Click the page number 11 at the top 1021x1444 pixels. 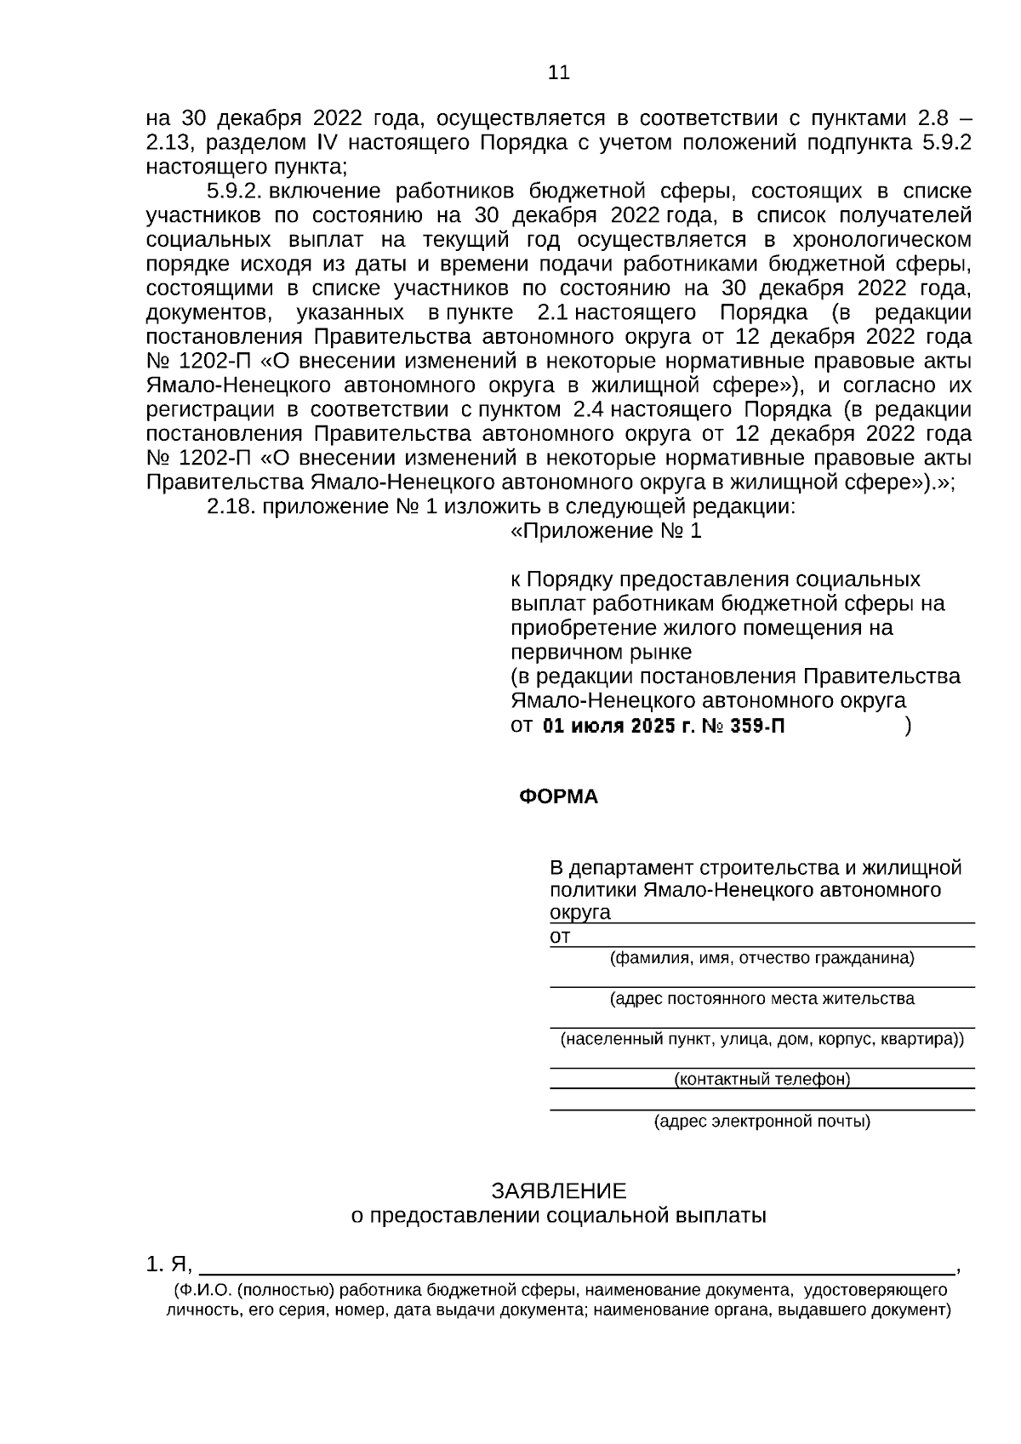point(559,73)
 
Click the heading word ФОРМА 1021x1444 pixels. point(558,797)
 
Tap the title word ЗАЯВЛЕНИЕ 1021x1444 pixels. point(558,1190)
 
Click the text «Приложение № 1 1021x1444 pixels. point(606,532)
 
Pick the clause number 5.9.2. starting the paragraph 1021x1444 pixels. point(233,191)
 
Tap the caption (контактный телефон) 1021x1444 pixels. point(762,1080)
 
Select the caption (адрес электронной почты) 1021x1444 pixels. point(762,1122)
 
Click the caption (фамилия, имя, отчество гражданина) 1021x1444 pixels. point(762,958)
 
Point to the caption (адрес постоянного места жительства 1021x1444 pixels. point(762,999)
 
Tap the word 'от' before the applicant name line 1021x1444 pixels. point(560,937)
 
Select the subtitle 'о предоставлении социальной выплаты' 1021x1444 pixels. point(559,1215)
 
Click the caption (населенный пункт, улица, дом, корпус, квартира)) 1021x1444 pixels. point(762,1040)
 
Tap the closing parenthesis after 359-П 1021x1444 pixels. point(909,726)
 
